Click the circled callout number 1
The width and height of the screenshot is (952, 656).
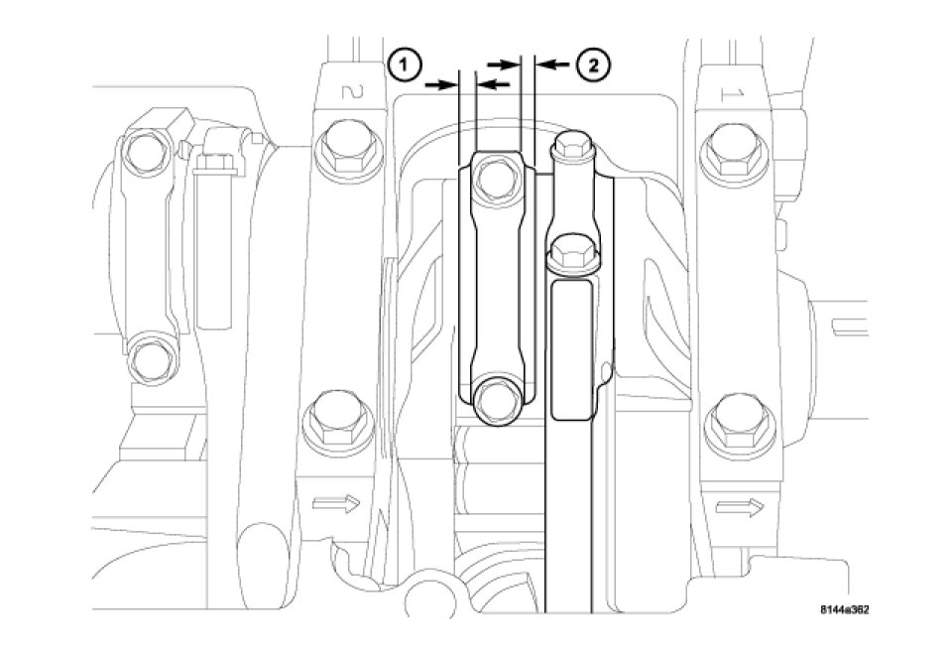[x=406, y=65]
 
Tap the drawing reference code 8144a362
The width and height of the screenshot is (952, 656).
[x=845, y=609]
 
